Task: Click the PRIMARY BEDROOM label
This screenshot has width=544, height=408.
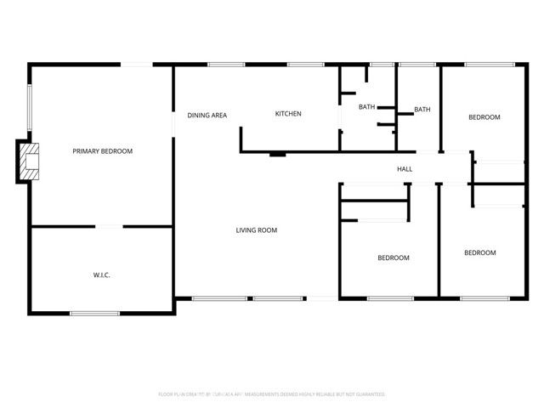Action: coord(102,151)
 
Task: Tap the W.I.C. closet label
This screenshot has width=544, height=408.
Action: coord(102,275)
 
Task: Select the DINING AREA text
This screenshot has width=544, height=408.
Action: coord(207,115)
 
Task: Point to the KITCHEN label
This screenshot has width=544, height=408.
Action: coord(288,114)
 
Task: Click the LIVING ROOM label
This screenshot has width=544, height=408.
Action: coord(257,230)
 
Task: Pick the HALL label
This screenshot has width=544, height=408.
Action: coord(405,169)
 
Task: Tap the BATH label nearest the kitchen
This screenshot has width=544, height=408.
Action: coord(366,107)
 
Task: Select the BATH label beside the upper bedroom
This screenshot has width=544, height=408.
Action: coord(422,110)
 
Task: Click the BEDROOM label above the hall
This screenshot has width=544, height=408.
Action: coord(484,117)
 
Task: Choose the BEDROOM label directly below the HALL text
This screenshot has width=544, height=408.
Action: coord(394,258)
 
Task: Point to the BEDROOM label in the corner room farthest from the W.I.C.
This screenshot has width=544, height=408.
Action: coord(479,252)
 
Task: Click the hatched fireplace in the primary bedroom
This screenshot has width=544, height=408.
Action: coord(31,161)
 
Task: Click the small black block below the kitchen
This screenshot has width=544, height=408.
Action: coord(277,154)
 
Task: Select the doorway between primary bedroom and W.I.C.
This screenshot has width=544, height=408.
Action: coord(108,226)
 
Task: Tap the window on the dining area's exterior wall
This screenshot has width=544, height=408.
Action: coord(226,65)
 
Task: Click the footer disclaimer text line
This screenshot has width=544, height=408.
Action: coord(272,394)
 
